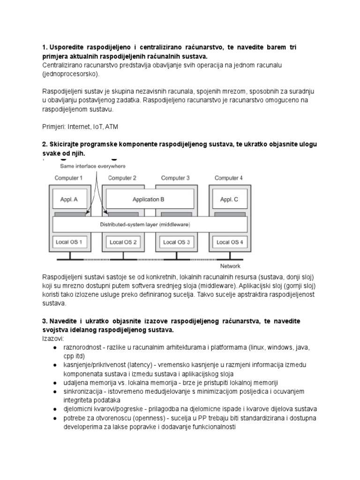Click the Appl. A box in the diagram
coord(69,199)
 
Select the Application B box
coord(148,199)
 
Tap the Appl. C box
coord(229,199)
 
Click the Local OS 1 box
coord(69,242)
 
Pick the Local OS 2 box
coord(123,242)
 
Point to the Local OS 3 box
coord(176,242)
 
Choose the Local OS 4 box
coord(229,242)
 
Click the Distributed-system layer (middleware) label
coord(145,225)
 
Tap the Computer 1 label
coord(68,178)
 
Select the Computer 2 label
coord(122,178)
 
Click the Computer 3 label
coord(175,178)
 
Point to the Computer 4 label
coord(229,178)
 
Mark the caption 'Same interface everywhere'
coord(92,166)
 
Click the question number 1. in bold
coord(45,48)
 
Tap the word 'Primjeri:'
coord(54,127)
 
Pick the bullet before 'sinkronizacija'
coord(55,392)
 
